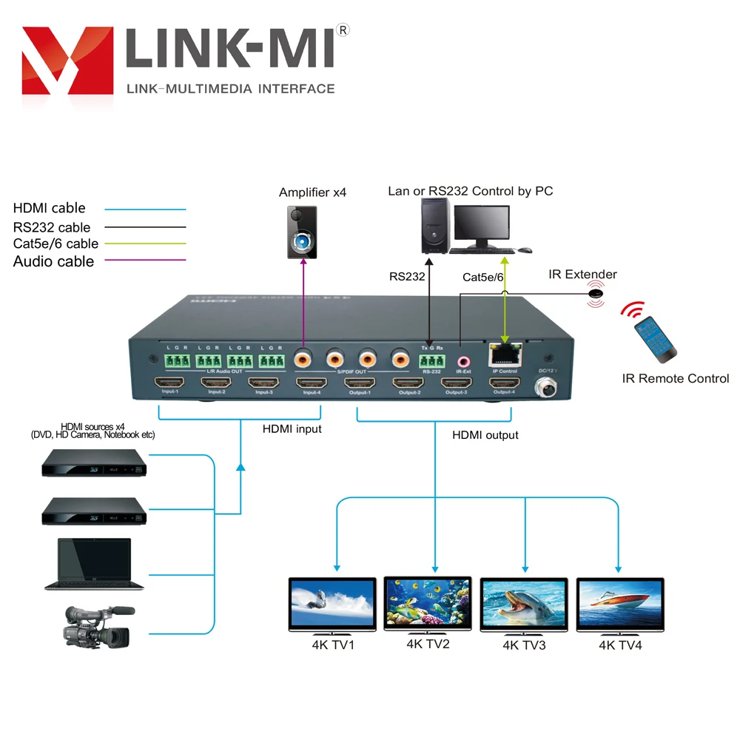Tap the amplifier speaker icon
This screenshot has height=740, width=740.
pyautogui.click(x=303, y=232)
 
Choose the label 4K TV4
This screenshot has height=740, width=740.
pyautogui.click(x=620, y=645)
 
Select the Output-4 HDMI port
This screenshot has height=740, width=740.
pyautogui.click(x=503, y=383)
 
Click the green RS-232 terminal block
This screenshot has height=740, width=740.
pyautogui.click(x=431, y=360)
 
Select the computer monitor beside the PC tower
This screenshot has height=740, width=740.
pyautogui.click(x=482, y=226)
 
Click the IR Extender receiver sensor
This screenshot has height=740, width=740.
pyautogui.click(x=594, y=294)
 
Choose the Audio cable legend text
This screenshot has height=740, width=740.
pyautogui.click(x=53, y=261)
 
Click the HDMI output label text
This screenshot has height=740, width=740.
pyautogui.click(x=485, y=435)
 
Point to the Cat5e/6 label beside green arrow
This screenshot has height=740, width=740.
pyautogui.click(x=482, y=277)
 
